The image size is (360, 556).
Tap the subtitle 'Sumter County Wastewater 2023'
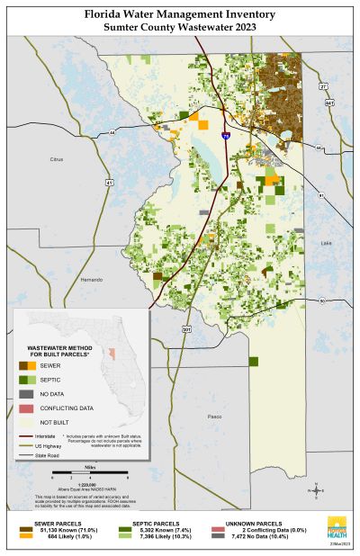click(180, 28)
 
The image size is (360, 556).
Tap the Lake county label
click(326, 243)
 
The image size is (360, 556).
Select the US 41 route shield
click(109, 183)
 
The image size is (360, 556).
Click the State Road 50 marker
click(321, 300)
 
